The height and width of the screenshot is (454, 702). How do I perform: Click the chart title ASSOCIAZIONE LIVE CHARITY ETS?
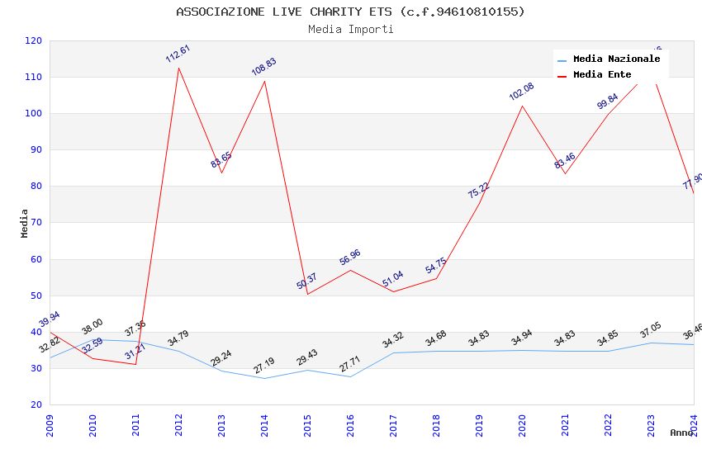(350, 12)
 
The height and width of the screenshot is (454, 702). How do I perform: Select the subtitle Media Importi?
(350, 29)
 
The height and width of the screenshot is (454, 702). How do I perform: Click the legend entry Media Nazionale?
(616, 59)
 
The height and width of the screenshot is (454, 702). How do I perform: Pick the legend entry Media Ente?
(602, 74)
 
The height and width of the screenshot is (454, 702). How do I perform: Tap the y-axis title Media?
(25, 223)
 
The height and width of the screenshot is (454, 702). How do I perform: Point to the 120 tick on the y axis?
(34, 40)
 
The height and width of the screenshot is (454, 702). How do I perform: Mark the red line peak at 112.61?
(178, 67)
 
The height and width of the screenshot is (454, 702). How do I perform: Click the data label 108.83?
(264, 67)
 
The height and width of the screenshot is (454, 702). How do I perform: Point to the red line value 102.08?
(522, 92)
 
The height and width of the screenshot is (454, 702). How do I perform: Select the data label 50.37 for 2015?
(307, 281)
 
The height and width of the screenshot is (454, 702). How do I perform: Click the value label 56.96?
(350, 258)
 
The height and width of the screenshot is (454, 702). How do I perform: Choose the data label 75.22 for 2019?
(479, 191)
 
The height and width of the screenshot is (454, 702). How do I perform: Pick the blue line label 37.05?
(651, 331)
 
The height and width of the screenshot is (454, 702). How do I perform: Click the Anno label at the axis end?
(681, 433)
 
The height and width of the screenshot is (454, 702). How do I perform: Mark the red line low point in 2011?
(135, 364)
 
